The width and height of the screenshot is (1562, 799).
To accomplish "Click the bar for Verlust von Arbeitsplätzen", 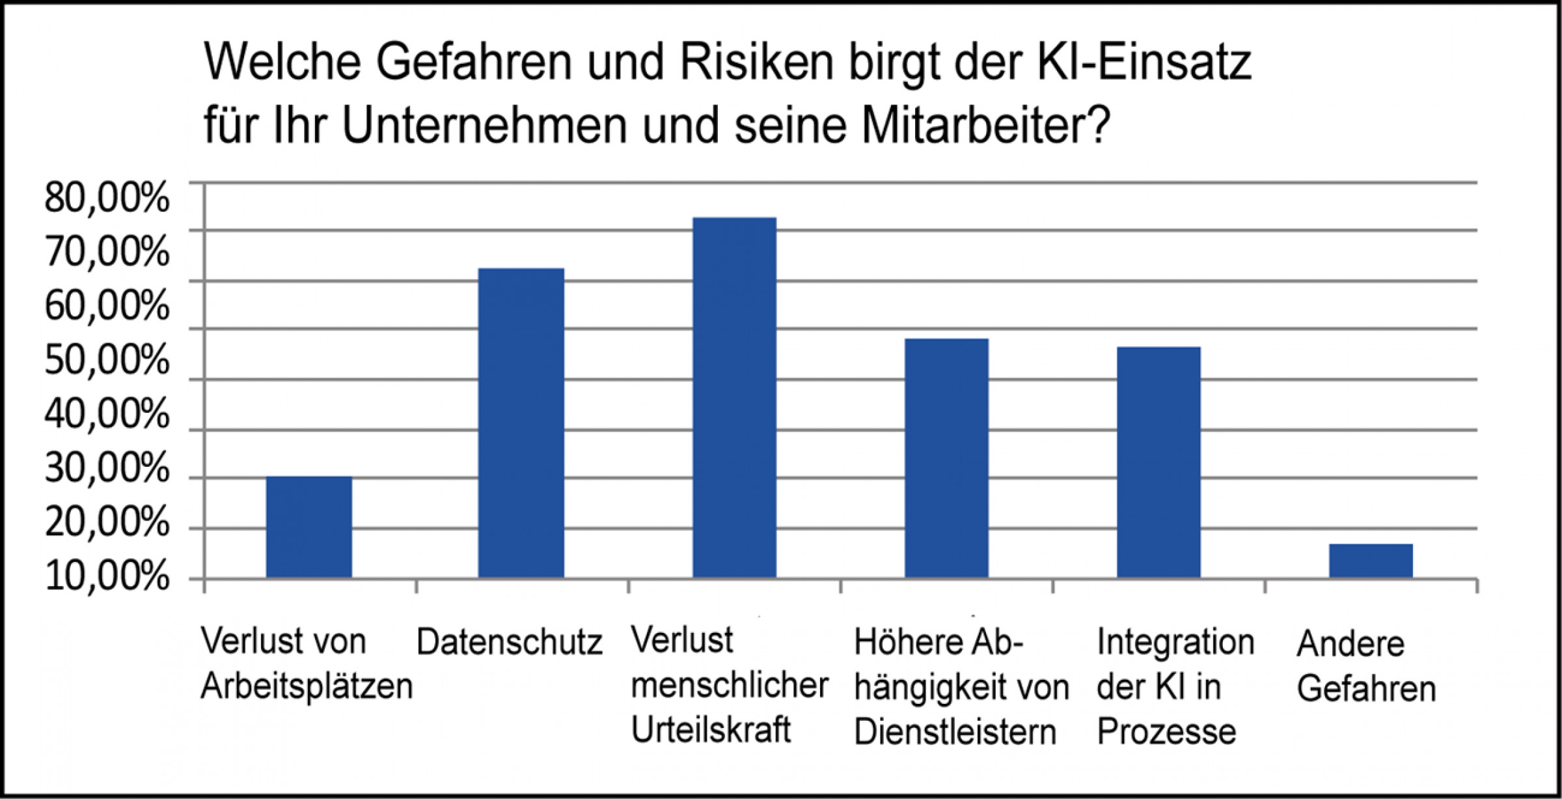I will point(309,527).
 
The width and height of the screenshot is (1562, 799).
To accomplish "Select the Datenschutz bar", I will point(521,423).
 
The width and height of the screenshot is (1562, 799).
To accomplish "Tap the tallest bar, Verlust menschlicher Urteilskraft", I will point(734,397).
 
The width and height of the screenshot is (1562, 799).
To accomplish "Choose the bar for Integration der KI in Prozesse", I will point(1158,462).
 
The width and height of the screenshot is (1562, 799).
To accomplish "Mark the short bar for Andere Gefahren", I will point(1371,561).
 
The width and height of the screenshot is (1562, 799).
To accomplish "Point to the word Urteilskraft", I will point(711,730).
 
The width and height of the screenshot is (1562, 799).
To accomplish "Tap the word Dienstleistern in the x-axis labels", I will point(955,733).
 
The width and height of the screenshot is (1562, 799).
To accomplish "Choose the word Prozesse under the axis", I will point(1166,732).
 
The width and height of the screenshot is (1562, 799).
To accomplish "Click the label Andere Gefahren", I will point(1366,666).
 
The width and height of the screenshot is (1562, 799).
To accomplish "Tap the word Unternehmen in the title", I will point(485,126).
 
